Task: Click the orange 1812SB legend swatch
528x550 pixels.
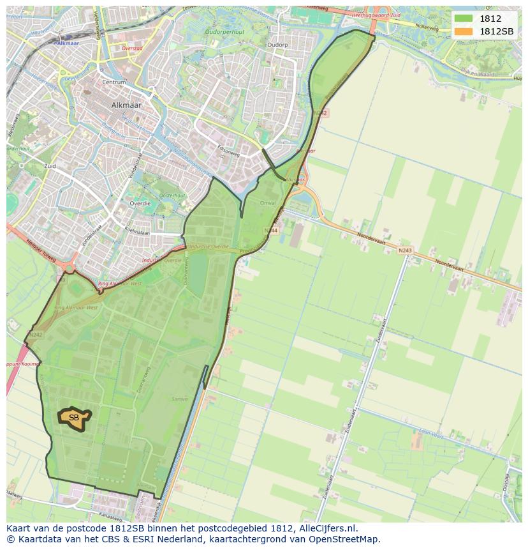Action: (x=463, y=31)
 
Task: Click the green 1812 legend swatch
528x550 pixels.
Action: (x=463, y=19)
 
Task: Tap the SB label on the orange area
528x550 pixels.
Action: (x=74, y=418)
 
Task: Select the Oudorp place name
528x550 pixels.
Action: (x=277, y=45)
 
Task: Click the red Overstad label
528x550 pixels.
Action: (x=132, y=48)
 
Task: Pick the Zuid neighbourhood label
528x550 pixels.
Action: (x=50, y=166)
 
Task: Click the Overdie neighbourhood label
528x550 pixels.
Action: (x=140, y=203)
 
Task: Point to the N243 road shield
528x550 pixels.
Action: (x=404, y=250)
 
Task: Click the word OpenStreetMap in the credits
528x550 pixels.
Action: (x=349, y=539)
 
